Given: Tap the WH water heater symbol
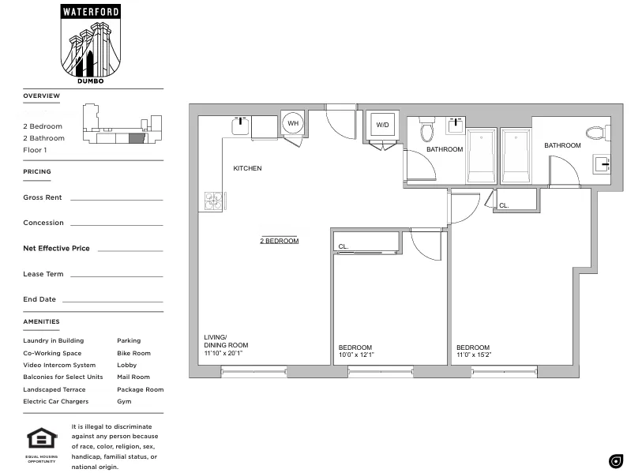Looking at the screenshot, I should (x=293, y=123).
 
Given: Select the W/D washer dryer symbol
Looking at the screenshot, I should (x=382, y=125).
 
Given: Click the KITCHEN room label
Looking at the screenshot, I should (x=247, y=168).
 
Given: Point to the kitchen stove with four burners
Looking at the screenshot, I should (x=213, y=201).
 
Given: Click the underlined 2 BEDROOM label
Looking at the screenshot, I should (x=280, y=241).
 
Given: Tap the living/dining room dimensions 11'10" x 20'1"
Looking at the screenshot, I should (x=226, y=354).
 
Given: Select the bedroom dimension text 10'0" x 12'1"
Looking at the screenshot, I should (x=356, y=355).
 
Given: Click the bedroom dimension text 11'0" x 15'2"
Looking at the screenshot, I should (x=474, y=355).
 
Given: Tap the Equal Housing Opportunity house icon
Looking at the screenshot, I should (x=41, y=440).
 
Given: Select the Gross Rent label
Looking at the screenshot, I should (x=43, y=197).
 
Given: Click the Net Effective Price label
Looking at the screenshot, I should (x=56, y=248).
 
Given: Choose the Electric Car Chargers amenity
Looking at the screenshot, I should (x=55, y=401).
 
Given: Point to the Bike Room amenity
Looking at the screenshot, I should (x=133, y=353).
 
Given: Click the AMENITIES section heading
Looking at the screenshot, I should (x=41, y=321).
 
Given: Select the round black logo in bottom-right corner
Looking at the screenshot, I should (x=616, y=461).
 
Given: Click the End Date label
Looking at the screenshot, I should (x=39, y=299).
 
